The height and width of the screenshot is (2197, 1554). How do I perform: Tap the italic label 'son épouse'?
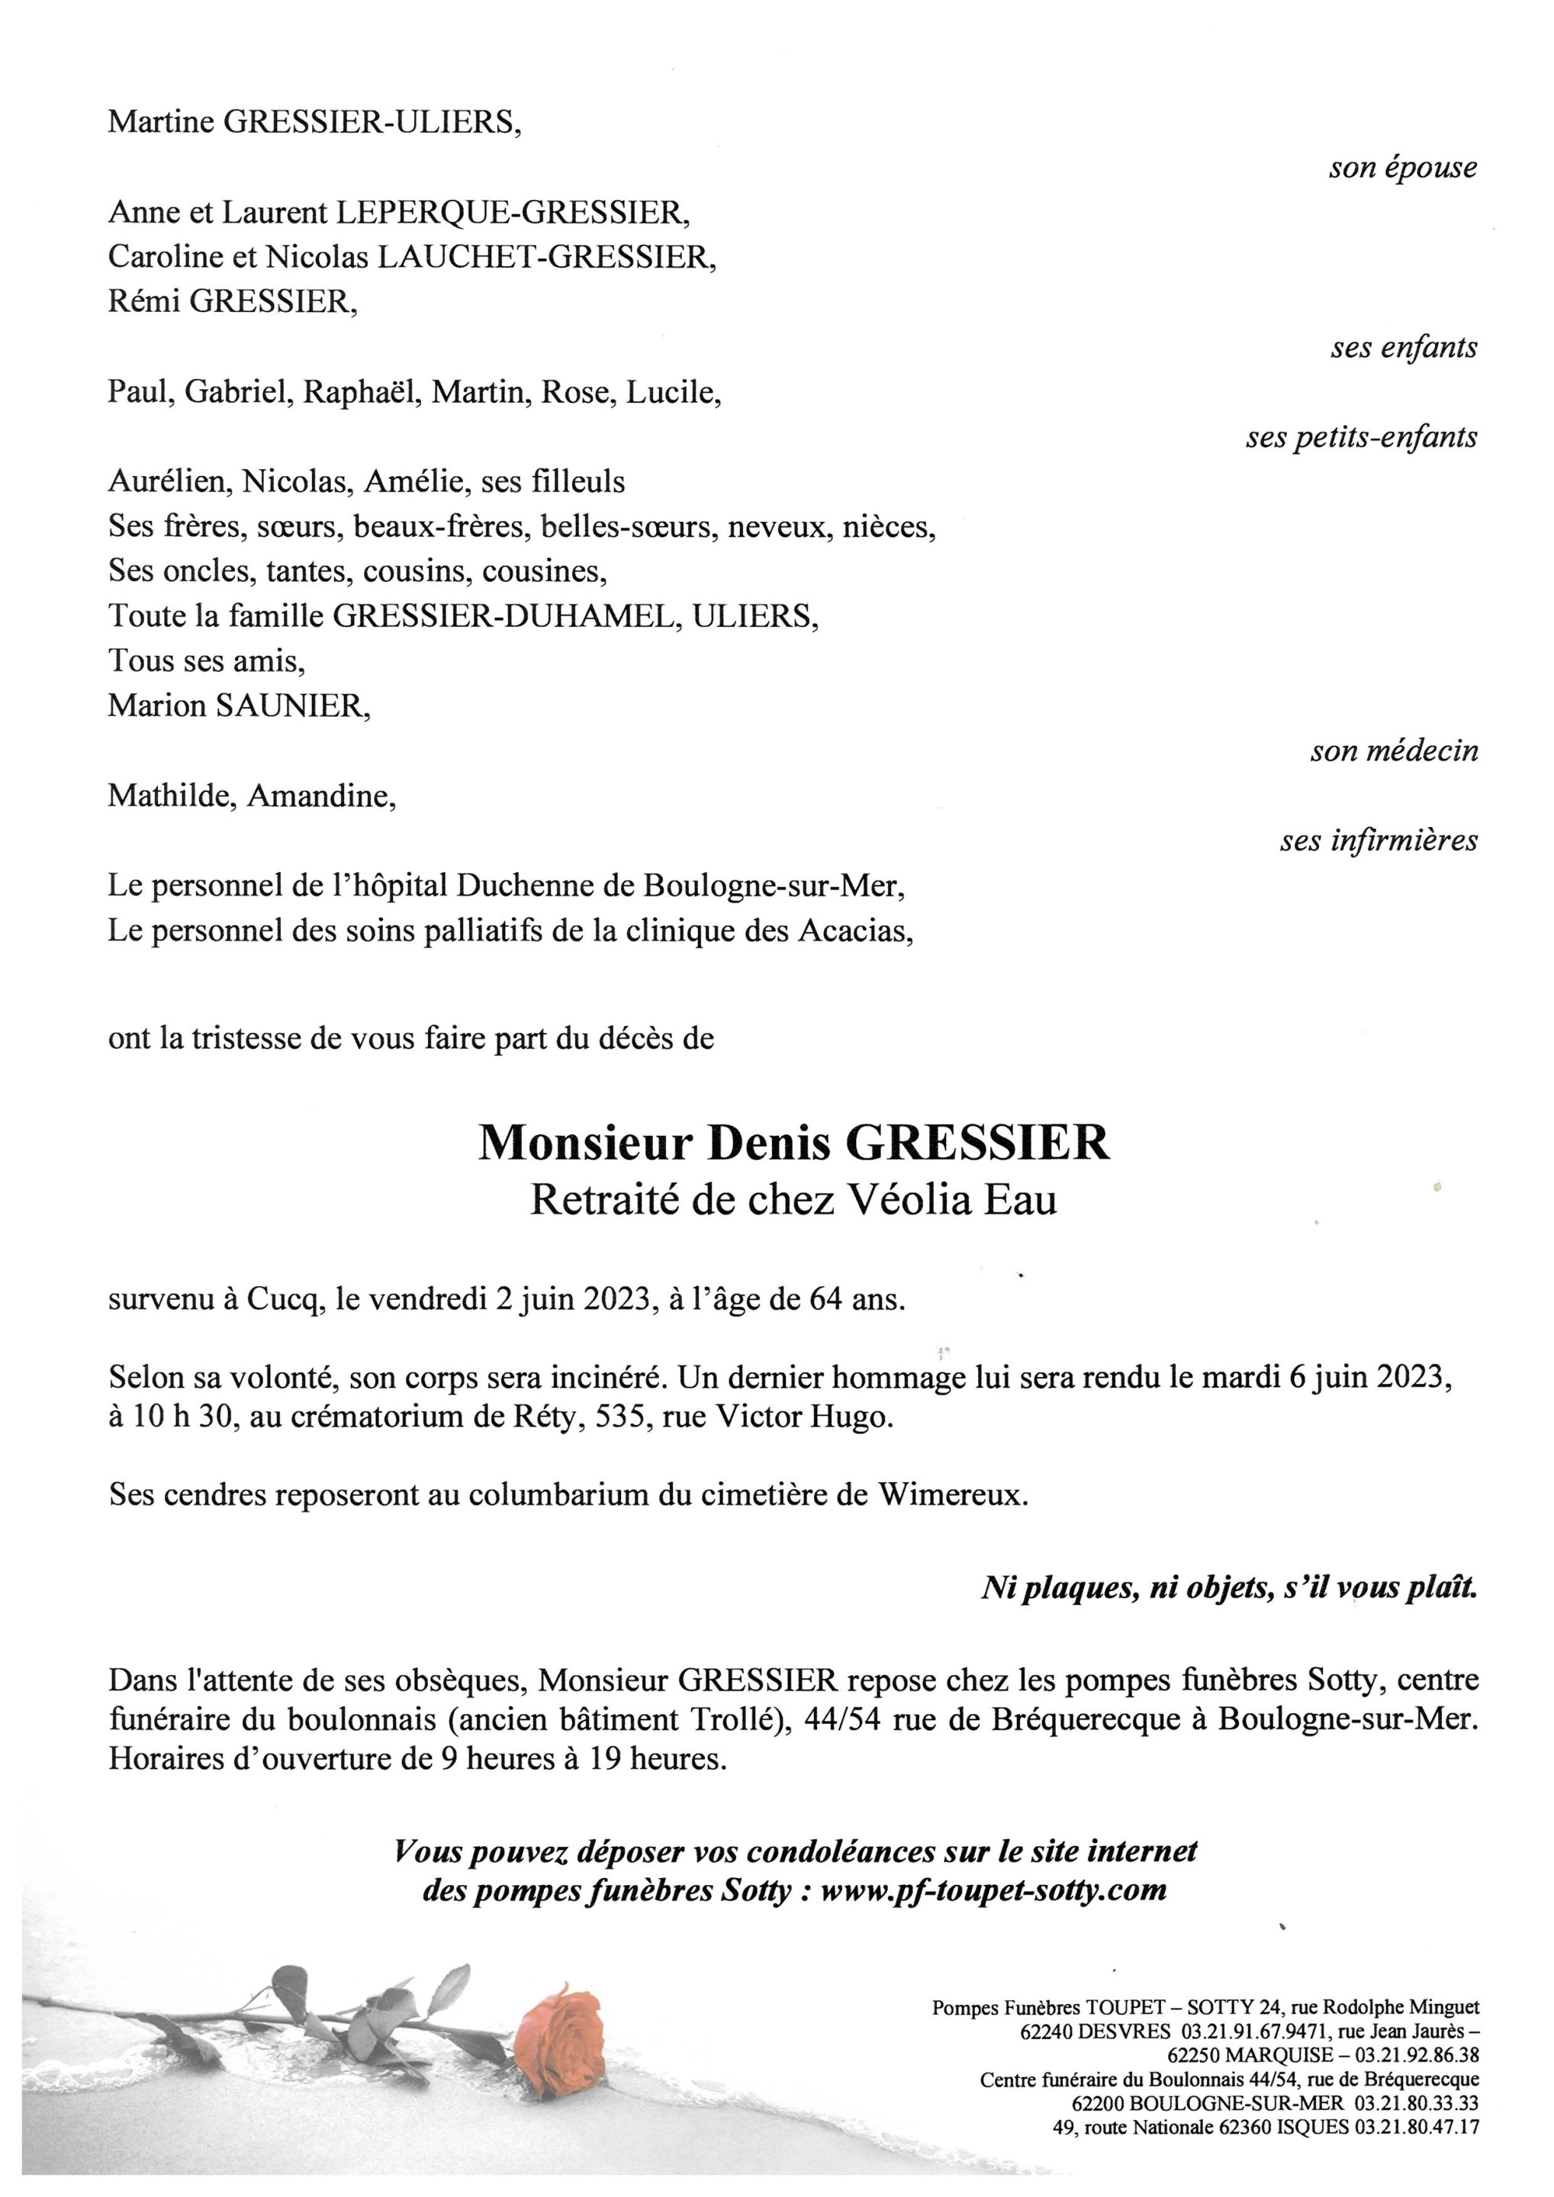point(1402,169)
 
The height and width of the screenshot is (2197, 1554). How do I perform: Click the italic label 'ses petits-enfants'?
point(1361,437)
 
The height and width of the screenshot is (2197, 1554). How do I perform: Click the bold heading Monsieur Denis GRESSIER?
point(793,1144)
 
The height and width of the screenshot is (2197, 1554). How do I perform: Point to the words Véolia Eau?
point(948,1200)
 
